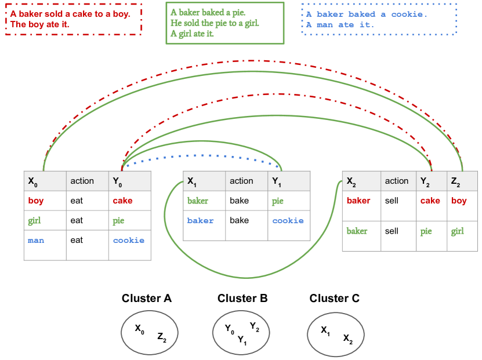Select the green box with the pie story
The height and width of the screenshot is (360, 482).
225,23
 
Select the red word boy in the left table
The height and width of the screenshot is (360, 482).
35,201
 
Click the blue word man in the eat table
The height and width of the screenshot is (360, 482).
35,240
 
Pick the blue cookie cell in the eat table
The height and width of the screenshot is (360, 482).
128,240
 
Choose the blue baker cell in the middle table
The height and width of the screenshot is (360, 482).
200,220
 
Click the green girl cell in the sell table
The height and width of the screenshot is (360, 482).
458,231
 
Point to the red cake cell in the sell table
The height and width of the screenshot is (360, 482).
430,201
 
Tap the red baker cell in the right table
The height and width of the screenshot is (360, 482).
358,201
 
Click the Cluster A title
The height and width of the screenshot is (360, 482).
147,299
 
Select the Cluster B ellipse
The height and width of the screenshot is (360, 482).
242,333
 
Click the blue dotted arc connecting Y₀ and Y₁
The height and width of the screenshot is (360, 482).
203,155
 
